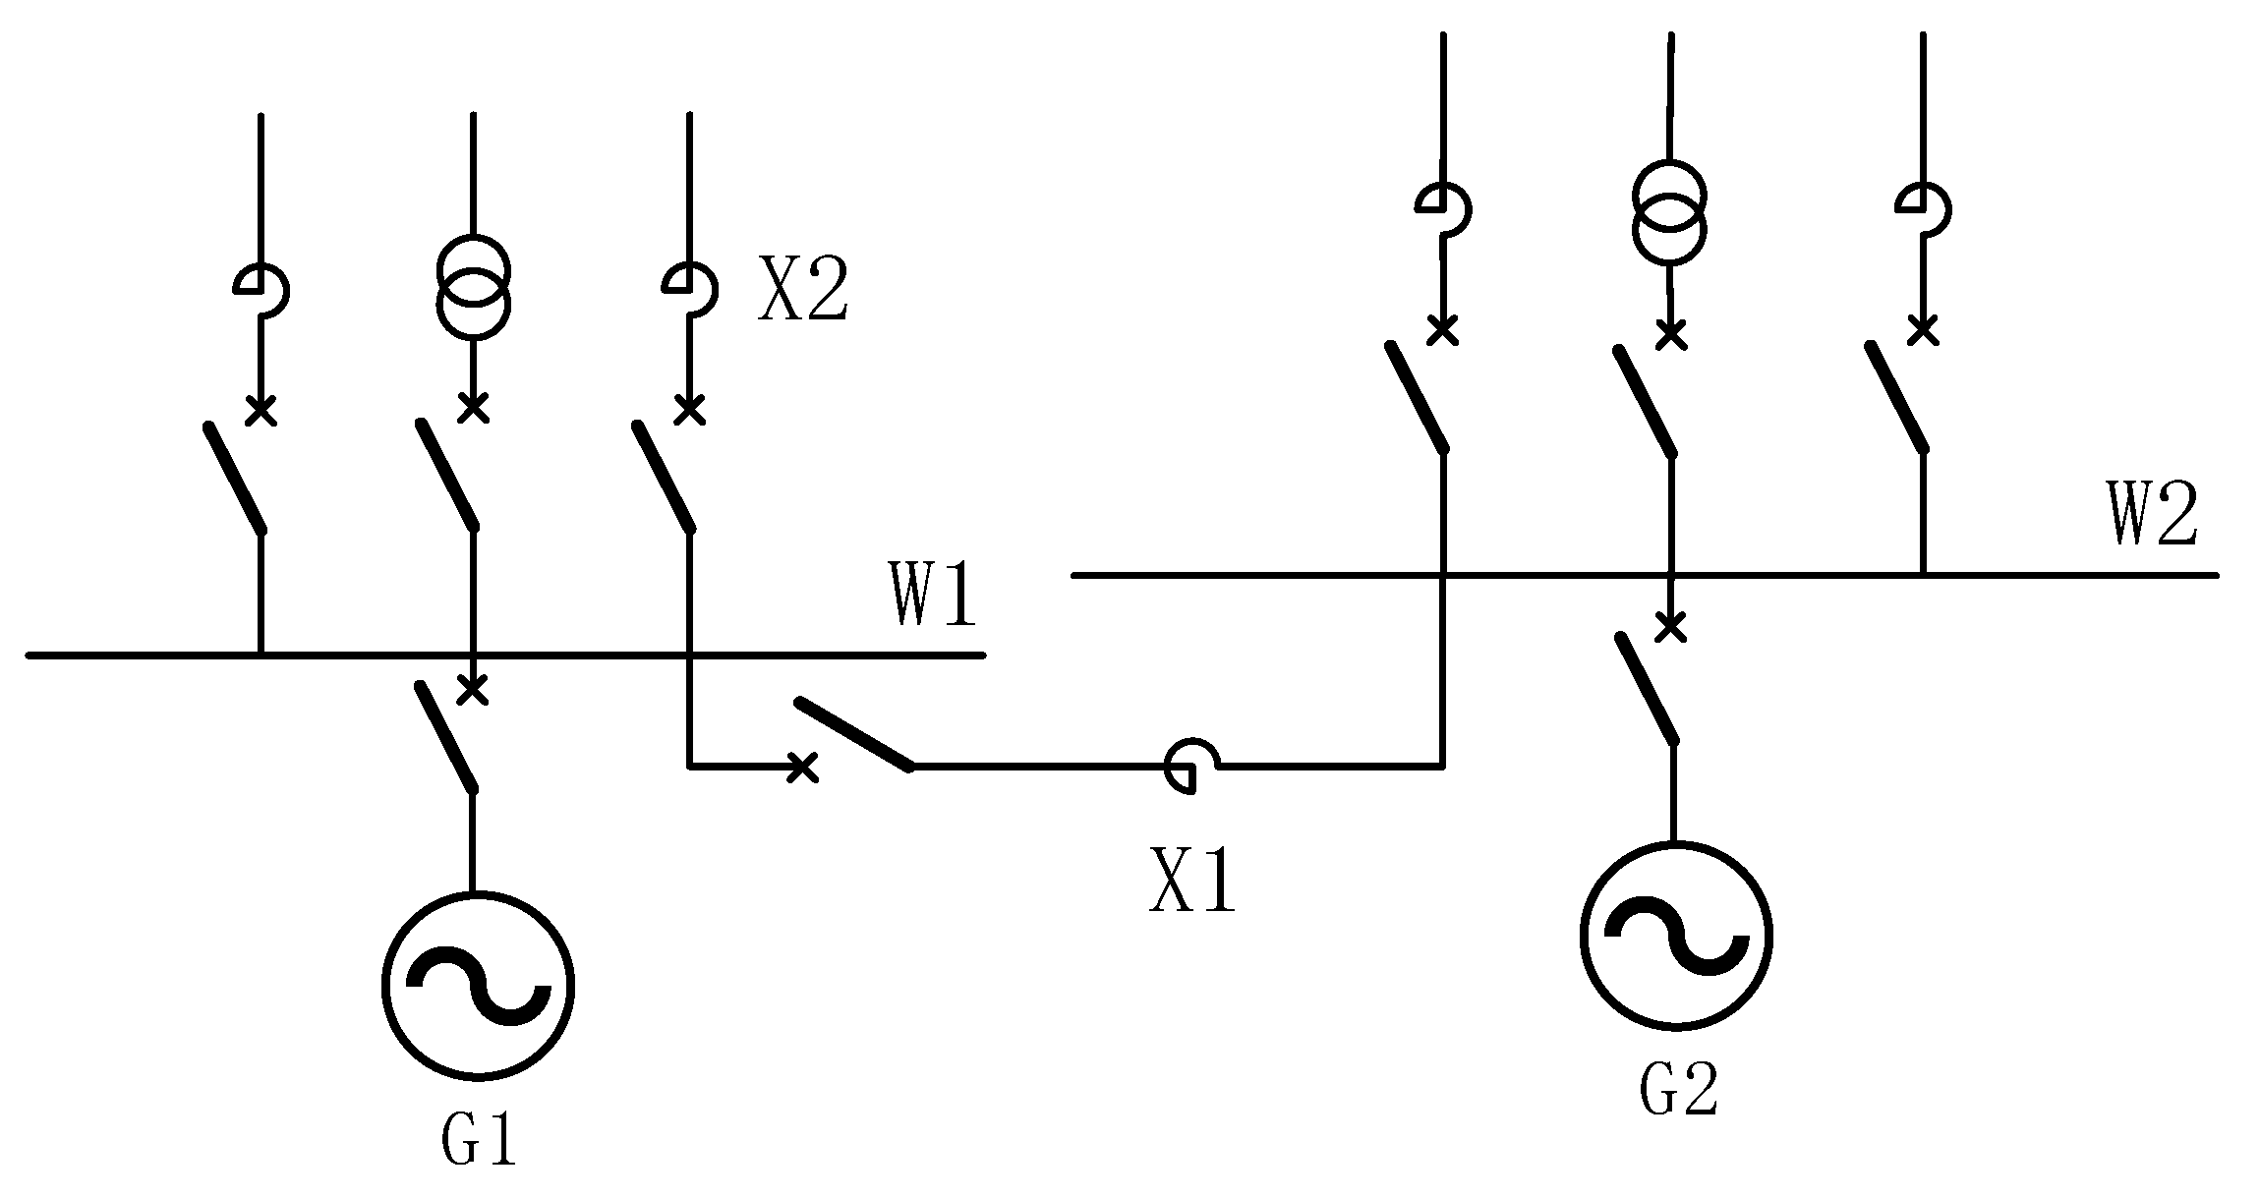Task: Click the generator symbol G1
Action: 478,986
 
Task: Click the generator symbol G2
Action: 1676,936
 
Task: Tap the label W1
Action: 934,595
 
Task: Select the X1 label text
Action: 1192,881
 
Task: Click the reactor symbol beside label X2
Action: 690,289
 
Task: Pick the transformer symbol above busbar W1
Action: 474,287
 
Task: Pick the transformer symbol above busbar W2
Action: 1669,211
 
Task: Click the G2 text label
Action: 1678,1089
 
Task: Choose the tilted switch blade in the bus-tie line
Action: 853,733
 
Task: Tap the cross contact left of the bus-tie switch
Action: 803,768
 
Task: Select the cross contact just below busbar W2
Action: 1670,626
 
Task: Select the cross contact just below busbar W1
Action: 474,690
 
